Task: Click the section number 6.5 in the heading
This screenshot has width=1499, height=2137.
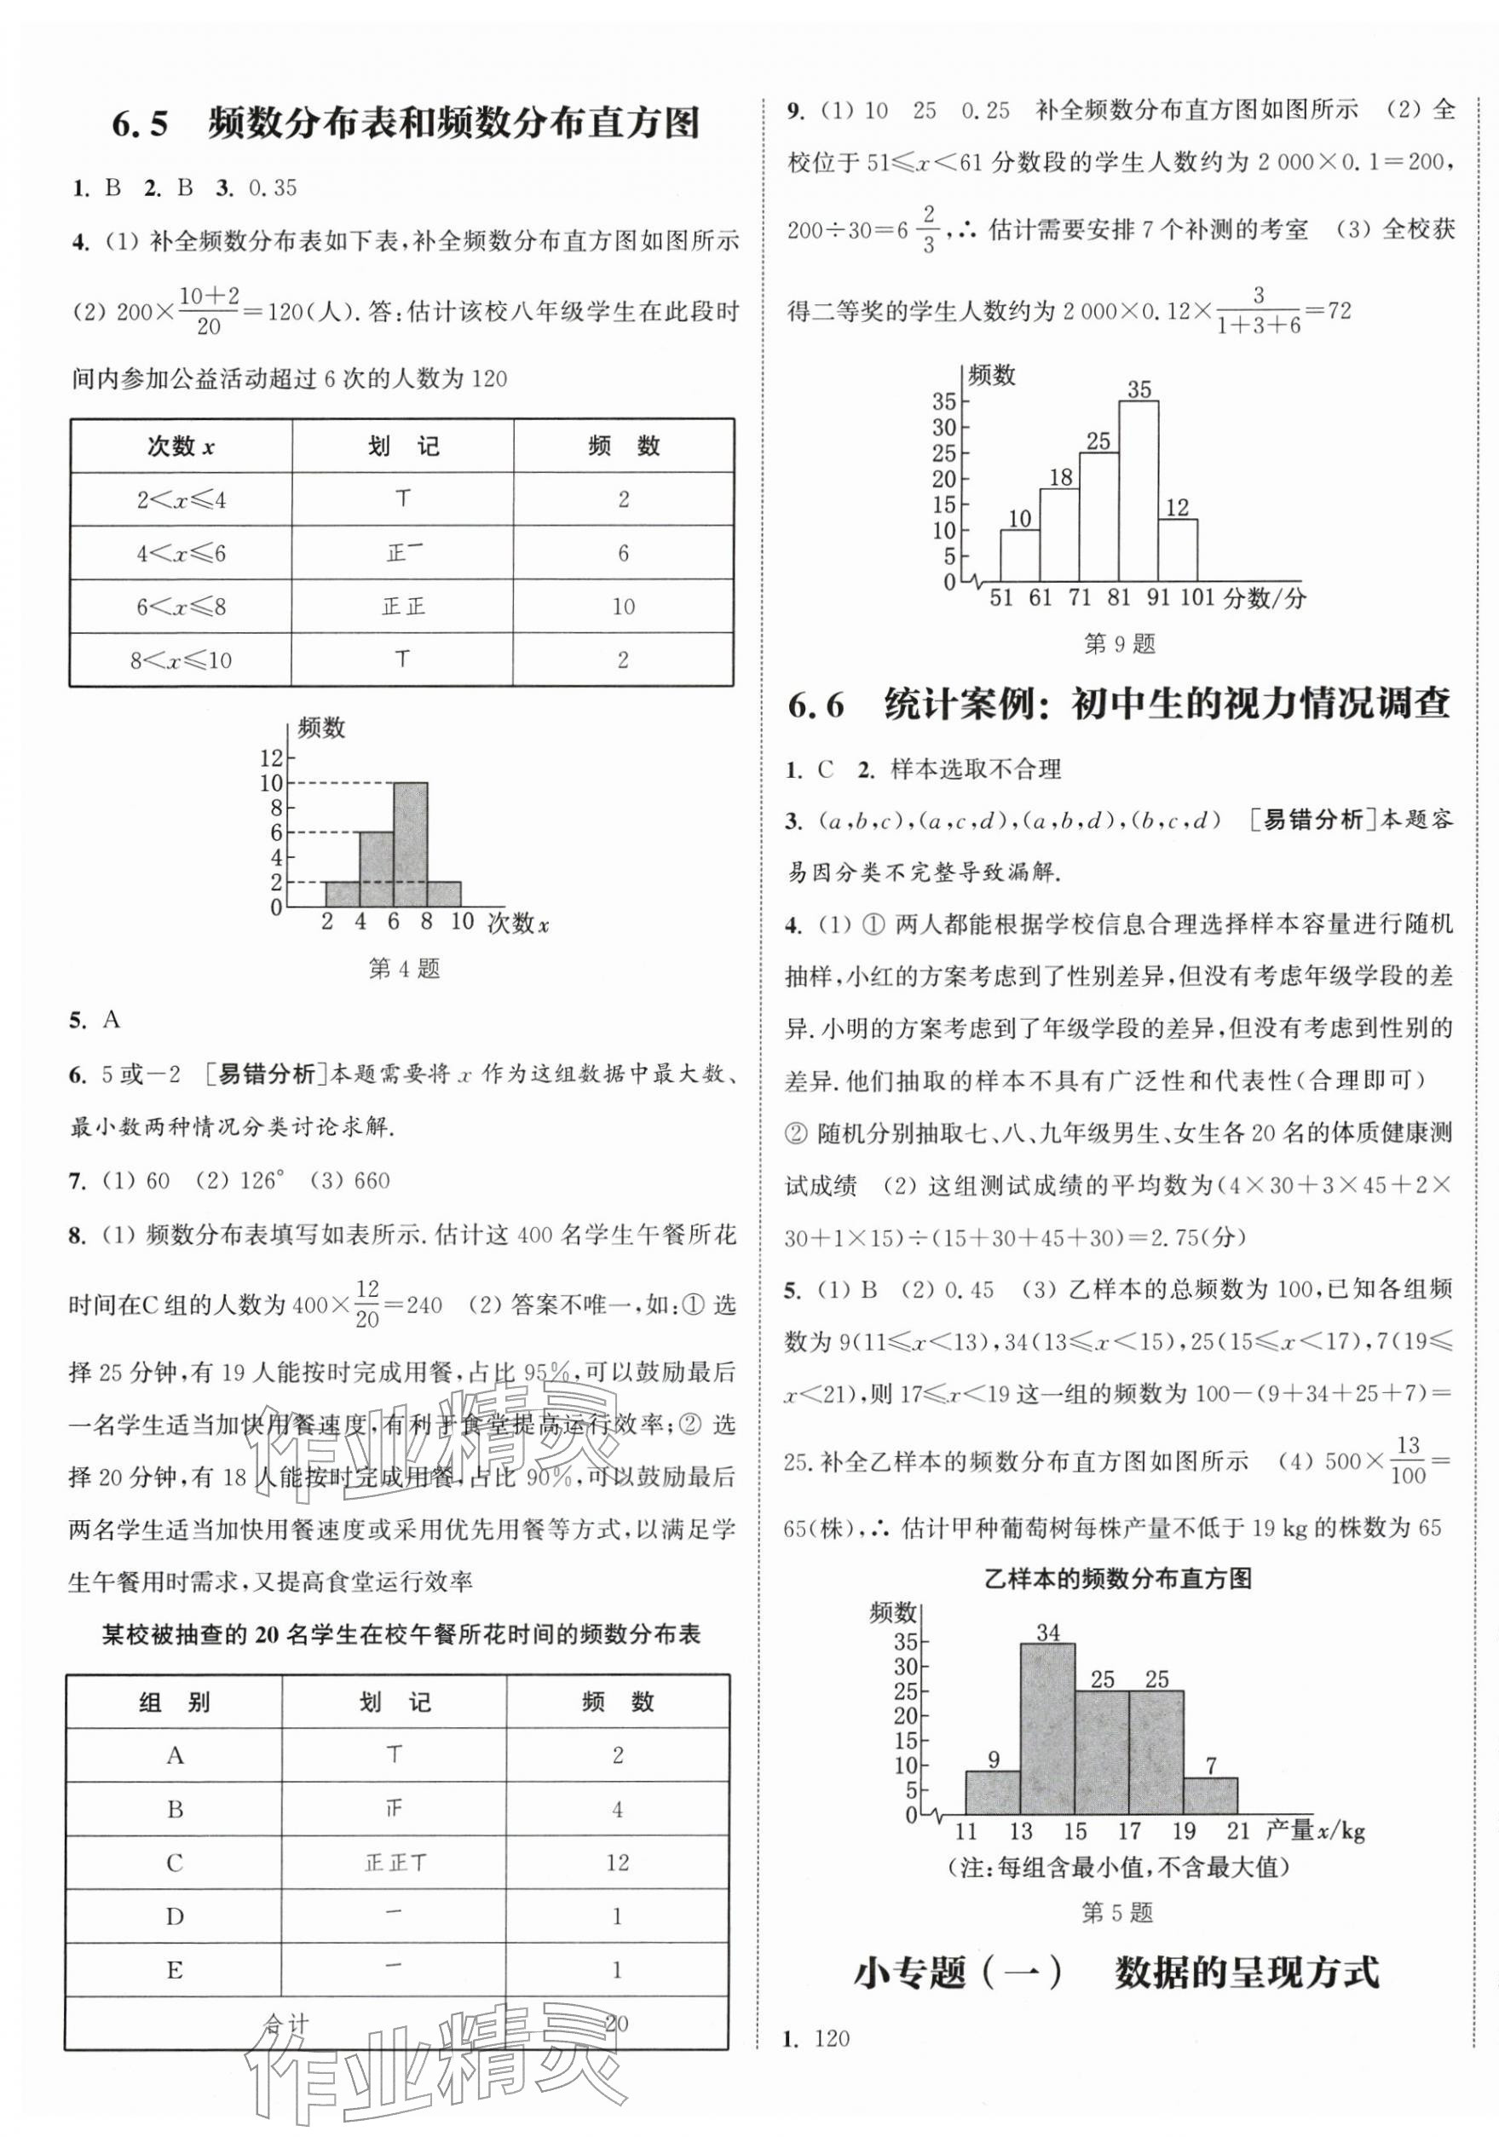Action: [140, 124]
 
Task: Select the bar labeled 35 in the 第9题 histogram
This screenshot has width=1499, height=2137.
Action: [1138, 491]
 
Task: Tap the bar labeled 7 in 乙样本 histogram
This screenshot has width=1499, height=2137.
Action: [1209, 1795]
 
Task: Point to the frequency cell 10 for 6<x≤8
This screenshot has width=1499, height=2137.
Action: [623, 607]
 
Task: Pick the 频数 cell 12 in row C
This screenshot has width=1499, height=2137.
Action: [617, 1863]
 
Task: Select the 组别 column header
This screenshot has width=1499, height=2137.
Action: [174, 1703]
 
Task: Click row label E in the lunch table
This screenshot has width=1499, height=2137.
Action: [174, 1969]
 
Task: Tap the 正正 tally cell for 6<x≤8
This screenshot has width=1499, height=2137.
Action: [403, 607]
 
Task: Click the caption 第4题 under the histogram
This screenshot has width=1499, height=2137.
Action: [403, 969]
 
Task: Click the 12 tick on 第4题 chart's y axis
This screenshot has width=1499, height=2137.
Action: [271, 758]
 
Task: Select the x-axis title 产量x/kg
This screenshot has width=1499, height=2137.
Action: [1315, 1831]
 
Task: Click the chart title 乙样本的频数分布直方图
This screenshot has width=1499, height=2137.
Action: [1117, 1579]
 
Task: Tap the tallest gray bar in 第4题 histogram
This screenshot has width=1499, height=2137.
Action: [410, 844]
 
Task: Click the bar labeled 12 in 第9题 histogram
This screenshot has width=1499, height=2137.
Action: [1177, 549]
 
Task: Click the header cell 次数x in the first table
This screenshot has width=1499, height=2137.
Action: [181, 446]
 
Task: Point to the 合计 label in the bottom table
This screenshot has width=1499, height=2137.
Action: [284, 2024]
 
